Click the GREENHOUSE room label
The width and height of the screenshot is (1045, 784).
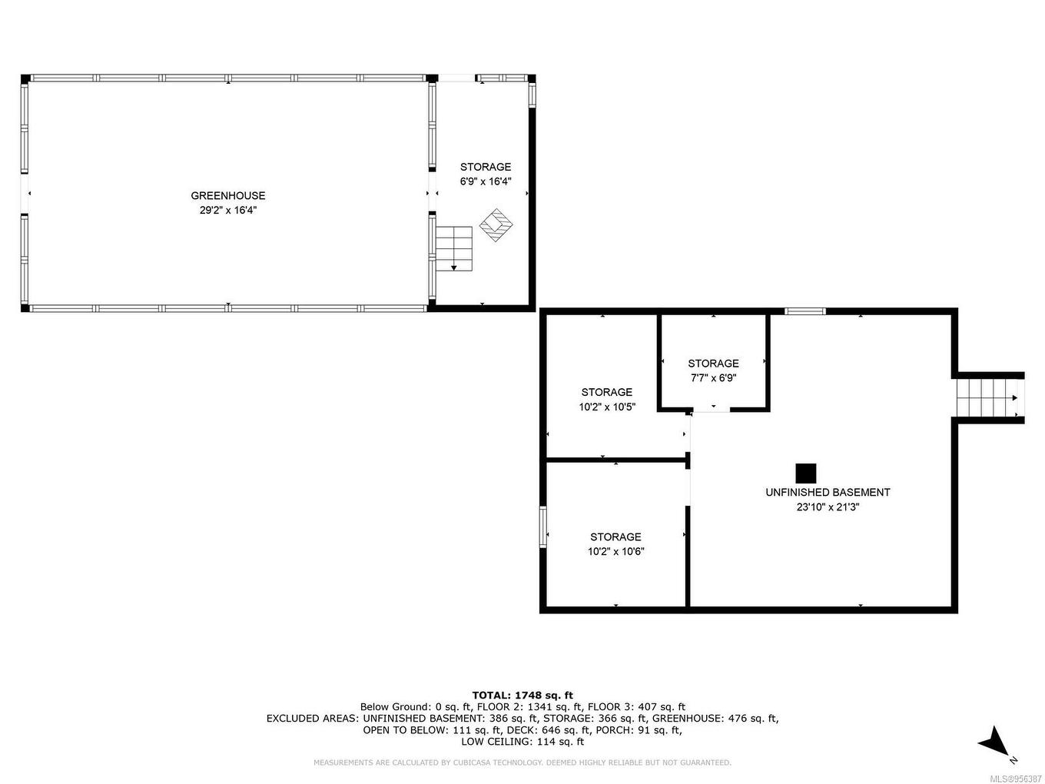pyautogui.click(x=227, y=195)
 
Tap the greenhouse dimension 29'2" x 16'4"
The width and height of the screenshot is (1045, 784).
pyautogui.click(x=227, y=210)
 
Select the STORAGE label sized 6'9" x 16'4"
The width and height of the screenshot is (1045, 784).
pyautogui.click(x=485, y=167)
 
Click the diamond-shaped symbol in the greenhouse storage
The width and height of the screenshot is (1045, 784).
pyautogui.click(x=496, y=225)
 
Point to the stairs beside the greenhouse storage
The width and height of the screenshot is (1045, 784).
pyautogui.click(x=454, y=248)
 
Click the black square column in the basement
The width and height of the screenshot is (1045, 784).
pyautogui.click(x=805, y=473)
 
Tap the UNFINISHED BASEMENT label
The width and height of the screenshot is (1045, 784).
pyautogui.click(x=828, y=492)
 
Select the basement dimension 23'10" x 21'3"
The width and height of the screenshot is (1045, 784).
pyautogui.click(x=828, y=507)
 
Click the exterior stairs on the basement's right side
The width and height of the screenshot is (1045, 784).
pyautogui.click(x=987, y=397)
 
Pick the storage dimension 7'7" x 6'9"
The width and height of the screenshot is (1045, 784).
pyautogui.click(x=713, y=378)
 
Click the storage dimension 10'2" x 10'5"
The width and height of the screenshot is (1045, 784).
pyautogui.click(x=606, y=407)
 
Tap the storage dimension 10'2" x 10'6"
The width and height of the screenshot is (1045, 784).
pyautogui.click(x=615, y=551)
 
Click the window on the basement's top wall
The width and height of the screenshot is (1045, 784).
pyautogui.click(x=804, y=311)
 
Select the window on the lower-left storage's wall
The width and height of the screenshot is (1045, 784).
pyautogui.click(x=543, y=527)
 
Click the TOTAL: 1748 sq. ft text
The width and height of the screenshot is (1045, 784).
pyautogui.click(x=522, y=695)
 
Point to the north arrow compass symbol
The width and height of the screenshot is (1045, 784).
pyautogui.click(x=995, y=742)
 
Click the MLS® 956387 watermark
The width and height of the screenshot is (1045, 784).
pyautogui.click(x=1015, y=778)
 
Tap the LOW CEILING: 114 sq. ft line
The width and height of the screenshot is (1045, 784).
pyautogui.click(x=522, y=742)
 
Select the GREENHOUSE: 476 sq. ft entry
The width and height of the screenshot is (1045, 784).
pyautogui.click(x=715, y=718)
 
